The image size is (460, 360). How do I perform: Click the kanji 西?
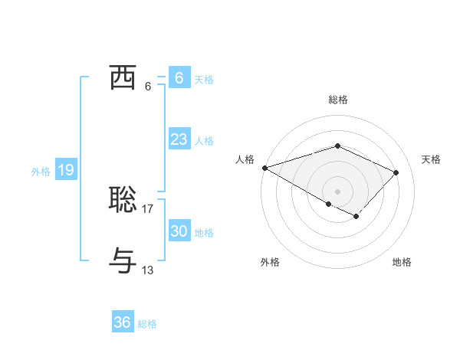(x=123, y=78)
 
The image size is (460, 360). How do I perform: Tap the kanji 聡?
(x=123, y=200)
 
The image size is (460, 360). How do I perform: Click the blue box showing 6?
(x=179, y=78)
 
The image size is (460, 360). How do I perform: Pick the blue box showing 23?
(x=179, y=139)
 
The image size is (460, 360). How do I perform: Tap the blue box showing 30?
(x=179, y=231)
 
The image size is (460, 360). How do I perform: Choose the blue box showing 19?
(x=66, y=170)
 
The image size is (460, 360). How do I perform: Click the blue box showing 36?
(x=122, y=322)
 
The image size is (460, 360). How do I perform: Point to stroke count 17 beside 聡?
(x=148, y=208)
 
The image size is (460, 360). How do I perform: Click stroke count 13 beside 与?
(x=148, y=270)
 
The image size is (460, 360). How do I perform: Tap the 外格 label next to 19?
(x=41, y=172)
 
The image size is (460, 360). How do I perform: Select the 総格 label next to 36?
(x=147, y=324)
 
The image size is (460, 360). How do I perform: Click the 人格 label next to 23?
(x=204, y=141)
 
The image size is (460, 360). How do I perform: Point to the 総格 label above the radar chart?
(x=337, y=100)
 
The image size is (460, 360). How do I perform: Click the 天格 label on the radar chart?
(x=432, y=159)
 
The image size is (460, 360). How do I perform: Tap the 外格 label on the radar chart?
(x=270, y=262)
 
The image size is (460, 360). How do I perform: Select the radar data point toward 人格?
(x=264, y=167)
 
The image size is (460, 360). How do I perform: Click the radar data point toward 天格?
(x=396, y=172)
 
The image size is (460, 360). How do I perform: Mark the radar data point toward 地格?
(x=356, y=217)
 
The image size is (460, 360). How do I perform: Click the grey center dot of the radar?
(x=337, y=191)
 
